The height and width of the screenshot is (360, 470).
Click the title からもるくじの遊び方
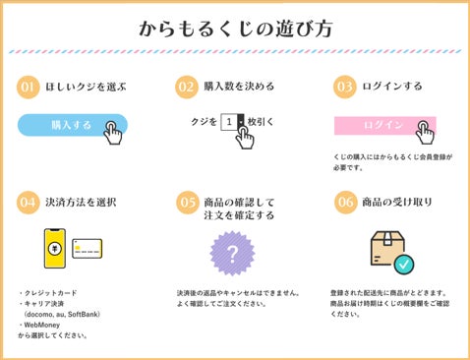[x=234, y=27]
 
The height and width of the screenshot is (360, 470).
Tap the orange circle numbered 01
[x=29, y=86]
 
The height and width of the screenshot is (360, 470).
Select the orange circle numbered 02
[x=186, y=86]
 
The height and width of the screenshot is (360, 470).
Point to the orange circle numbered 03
[x=344, y=86]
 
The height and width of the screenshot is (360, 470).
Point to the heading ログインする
[x=393, y=87]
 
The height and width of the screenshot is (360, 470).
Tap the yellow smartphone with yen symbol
[x=56, y=248]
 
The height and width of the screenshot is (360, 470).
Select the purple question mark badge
[x=233, y=254]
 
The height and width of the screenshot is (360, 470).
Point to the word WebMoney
[x=46, y=325]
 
